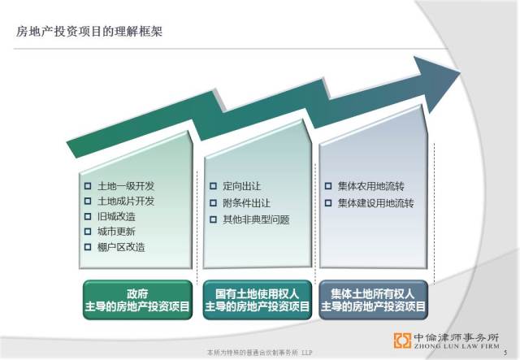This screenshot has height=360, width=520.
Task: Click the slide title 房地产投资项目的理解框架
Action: pos(89,32)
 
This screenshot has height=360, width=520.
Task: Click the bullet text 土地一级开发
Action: pos(126,186)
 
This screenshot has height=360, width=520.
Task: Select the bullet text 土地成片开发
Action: pos(126,201)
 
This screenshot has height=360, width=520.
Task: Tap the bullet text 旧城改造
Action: pos(116,217)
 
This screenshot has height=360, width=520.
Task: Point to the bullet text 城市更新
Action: pos(116,232)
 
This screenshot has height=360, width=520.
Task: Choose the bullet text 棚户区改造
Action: pos(121,247)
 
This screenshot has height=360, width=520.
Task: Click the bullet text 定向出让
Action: pos(242,186)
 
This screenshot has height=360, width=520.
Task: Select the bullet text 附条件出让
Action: pos(246,203)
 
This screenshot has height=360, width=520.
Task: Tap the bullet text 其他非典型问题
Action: pos(257,219)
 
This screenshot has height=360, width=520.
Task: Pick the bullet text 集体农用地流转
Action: pos(371,186)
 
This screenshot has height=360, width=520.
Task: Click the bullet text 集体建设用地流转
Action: pos(375,203)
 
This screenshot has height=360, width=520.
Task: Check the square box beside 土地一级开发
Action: pos(88,186)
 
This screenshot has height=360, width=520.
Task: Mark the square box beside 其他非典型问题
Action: pos(213,219)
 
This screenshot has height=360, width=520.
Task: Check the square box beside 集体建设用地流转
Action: pos(328,202)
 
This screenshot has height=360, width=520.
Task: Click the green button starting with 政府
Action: pos(137,300)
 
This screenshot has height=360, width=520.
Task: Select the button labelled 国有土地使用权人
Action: pos(258,300)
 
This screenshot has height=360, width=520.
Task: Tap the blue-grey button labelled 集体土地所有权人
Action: pos(374,300)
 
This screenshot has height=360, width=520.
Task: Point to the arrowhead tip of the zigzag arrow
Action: pos(461,72)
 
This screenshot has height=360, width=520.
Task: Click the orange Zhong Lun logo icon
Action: pos(402,340)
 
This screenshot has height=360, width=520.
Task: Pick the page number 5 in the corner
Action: pos(505,353)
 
